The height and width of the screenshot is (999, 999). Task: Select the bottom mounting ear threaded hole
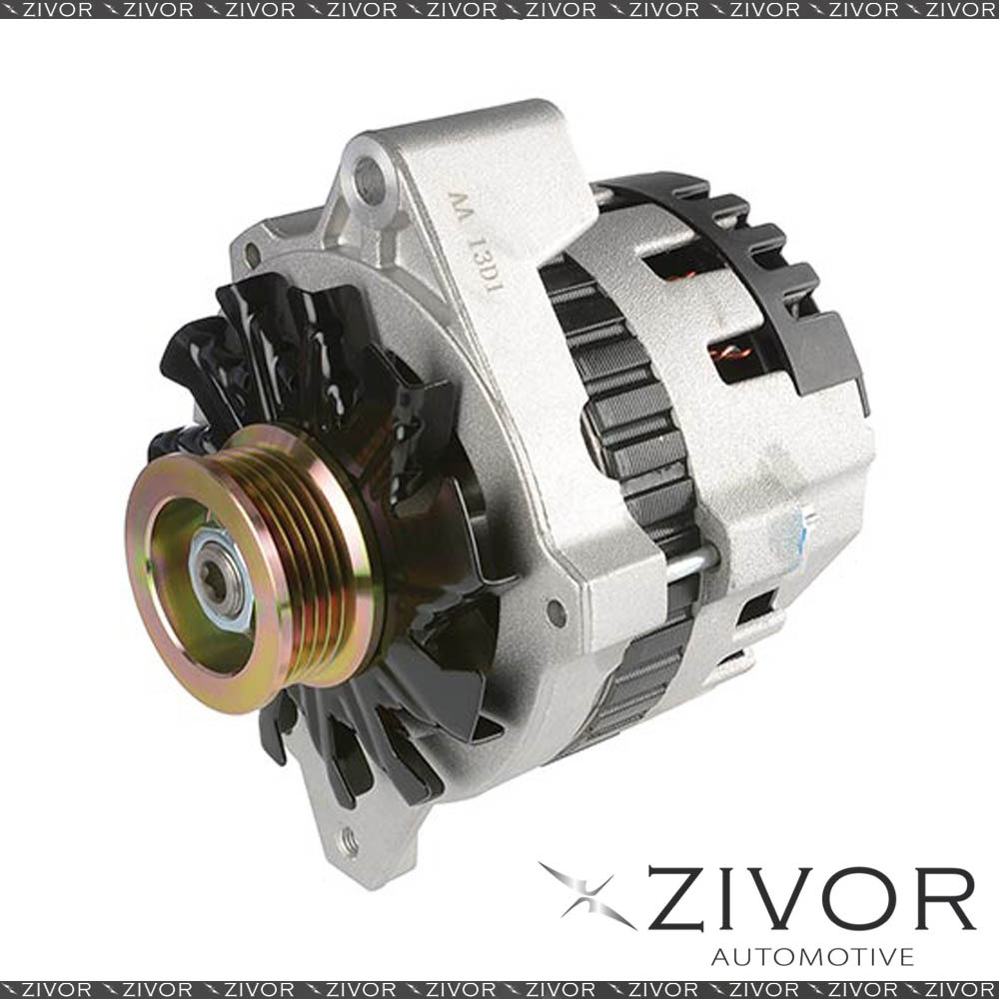(349, 841)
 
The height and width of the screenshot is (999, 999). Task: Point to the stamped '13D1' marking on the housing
(486, 265)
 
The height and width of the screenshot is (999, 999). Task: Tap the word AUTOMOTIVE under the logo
(812, 956)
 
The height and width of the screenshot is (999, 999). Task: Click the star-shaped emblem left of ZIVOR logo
(586, 895)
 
